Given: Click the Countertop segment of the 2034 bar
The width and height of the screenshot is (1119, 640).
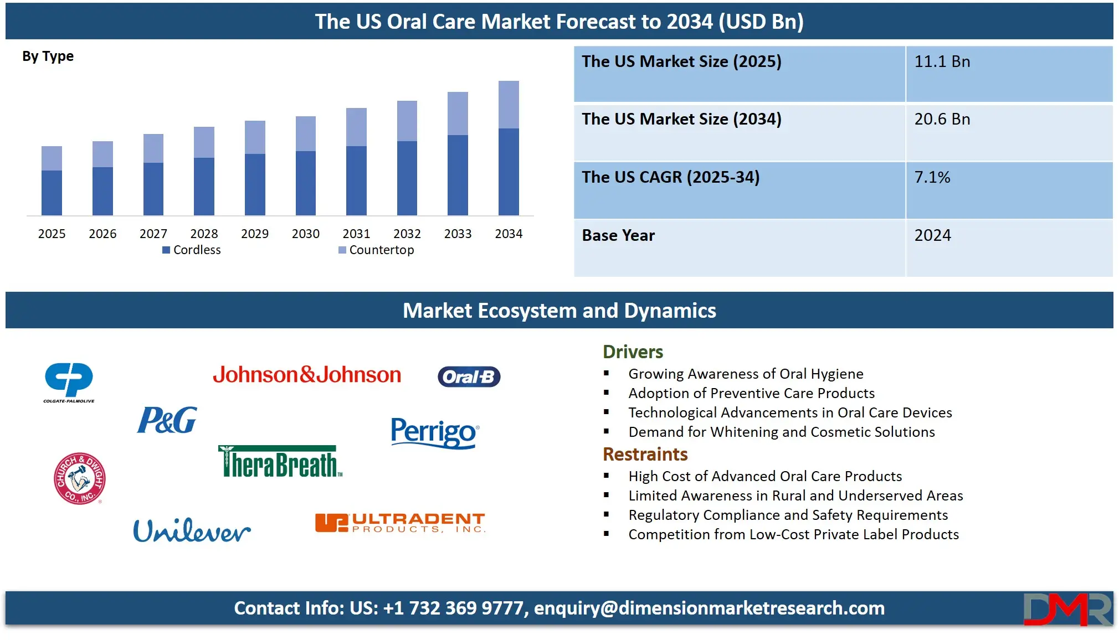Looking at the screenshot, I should [x=509, y=105].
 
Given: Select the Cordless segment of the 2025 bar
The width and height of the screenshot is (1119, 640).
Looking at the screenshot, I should [x=52, y=193].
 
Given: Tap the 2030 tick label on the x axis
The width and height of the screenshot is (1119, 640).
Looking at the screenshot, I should [x=305, y=234].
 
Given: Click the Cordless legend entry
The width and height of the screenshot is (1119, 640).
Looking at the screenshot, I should [x=192, y=250].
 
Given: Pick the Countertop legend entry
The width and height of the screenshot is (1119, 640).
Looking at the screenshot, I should [x=376, y=250].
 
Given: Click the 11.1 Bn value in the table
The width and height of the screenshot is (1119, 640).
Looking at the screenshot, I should [x=942, y=61].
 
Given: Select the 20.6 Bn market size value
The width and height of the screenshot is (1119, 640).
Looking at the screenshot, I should [x=942, y=119].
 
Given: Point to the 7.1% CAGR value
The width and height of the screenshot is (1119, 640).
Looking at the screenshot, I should [x=932, y=177].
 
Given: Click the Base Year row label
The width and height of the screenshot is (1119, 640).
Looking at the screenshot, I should [x=618, y=235].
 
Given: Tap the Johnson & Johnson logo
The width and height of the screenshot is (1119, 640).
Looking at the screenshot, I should [x=307, y=375].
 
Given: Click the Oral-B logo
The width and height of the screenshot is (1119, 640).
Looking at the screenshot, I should [x=469, y=376].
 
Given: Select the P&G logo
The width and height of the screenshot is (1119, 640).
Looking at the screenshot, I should [x=167, y=420].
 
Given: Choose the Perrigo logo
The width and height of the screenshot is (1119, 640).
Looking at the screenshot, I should [x=435, y=432].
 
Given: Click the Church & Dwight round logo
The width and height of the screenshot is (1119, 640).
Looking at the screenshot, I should [x=79, y=478].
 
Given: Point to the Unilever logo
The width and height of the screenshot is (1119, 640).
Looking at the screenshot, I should [x=192, y=530].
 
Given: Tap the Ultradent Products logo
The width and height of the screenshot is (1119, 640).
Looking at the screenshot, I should [x=400, y=522].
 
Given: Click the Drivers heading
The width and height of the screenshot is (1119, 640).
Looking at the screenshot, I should [x=633, y=352].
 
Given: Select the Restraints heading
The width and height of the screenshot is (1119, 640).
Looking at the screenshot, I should [x=645, y=454].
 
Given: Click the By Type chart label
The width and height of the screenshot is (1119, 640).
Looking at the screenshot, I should [x=48, y=56].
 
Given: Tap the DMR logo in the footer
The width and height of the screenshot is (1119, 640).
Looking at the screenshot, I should [x=1067, y=609].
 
